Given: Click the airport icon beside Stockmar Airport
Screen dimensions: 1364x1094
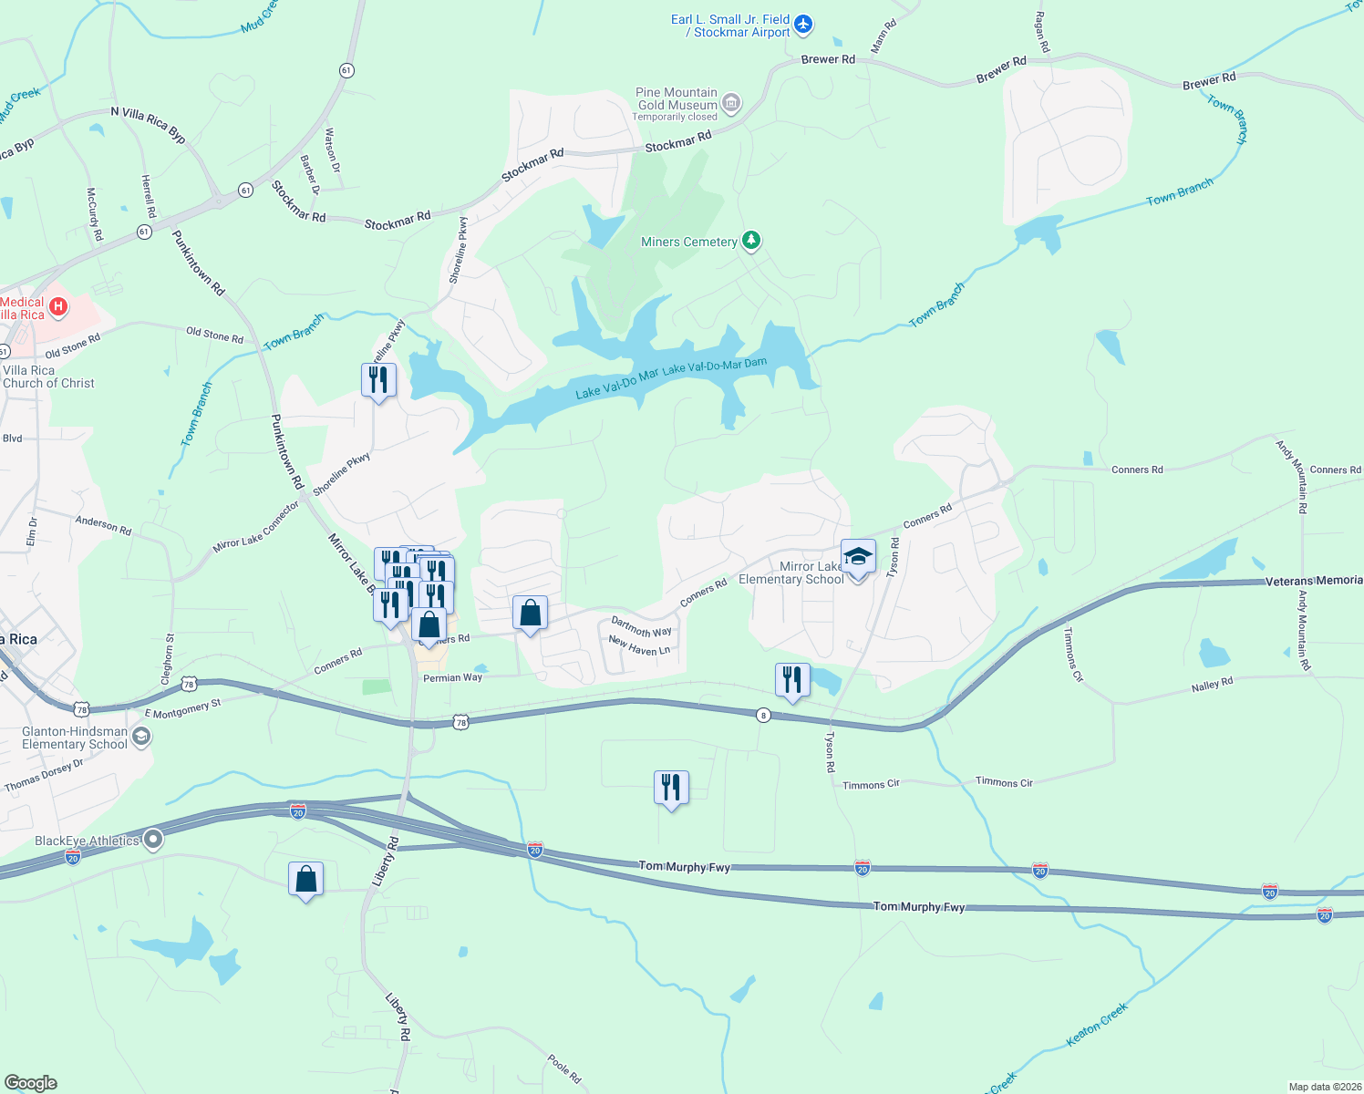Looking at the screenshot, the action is [x=803, y=25].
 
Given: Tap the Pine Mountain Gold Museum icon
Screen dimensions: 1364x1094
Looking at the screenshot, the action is [x=732, y=102].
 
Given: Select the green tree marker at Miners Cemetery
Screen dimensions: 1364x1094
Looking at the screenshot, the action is [x=750, y=241].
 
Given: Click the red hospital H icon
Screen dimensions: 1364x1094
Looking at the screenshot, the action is [x=58, y=307].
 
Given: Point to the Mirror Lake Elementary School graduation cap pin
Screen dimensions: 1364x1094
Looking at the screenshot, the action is [x=857, y=557].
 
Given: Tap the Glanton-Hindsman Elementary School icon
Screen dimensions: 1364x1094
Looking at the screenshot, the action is [x=141, y=737].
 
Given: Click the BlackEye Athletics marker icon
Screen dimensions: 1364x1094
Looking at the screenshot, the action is [x=153, y=840].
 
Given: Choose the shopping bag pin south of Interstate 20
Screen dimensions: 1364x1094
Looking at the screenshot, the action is [x=306, y=880].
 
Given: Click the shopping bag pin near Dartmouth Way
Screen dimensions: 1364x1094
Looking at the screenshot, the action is [x=530, y=614].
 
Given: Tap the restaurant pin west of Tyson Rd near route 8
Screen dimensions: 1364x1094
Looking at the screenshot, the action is [x=791, y=680].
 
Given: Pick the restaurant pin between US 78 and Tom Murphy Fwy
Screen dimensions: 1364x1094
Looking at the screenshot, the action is [x=671, y=788].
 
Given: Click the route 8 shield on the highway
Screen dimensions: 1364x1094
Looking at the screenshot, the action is [x=764, y=716].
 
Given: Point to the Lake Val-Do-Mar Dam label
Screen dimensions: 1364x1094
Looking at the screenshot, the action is [x=715, y=366].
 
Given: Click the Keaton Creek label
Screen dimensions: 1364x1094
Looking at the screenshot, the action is [x=1097, y=1024].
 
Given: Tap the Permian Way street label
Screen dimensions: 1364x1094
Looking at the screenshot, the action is [x=452, y=678].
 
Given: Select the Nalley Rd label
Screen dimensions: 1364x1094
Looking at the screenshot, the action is [x=1212, y=685].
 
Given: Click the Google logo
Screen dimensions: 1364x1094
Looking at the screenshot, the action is [x=31, y=1083].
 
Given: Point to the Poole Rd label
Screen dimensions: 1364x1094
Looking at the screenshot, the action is [x=564, y=1068].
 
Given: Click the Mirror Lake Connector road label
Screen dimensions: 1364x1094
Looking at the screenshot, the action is [x=256, y=527].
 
